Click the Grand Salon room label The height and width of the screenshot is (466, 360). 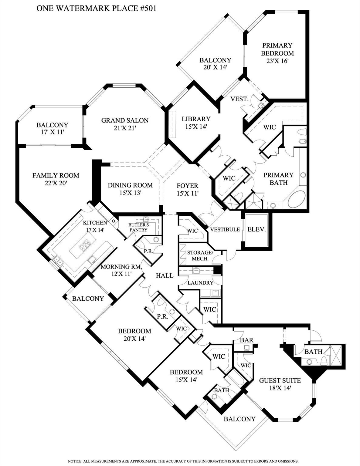pyautogui.click(x=125, y=124)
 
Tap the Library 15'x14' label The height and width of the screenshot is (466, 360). pyautogui.click(x=196, y=123)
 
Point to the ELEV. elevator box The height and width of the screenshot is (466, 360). pyautogui.click(x=256, y=230)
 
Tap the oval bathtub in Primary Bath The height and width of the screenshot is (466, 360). pyautogui.click(x=296, y=199)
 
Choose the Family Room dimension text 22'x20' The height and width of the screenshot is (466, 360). pyautogui.click(x=56, y=183)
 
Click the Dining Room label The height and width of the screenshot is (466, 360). pyautogui.click(x=130, y=185)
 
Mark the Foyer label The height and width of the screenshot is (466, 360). pyautogui.click(x=188, y=185)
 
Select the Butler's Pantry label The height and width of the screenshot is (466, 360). pyautogui.click(x=138, y=227)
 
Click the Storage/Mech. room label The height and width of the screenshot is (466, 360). pyautogui.click(x=200, y=255)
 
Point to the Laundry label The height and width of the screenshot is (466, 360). pyautogui.click(x=200, y=283)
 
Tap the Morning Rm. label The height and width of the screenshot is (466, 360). pyautogui.click(x=121, y=267)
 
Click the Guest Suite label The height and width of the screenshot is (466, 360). pyautogui.click(x=280, y=380)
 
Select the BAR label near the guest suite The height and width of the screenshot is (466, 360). pyautogui.click(x=246, y=340)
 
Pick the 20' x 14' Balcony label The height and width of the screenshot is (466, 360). pyautogui.click(x=215, y=63)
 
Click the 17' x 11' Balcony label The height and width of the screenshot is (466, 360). pyautogui.click(x=52, y=128)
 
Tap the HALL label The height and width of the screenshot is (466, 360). pyautogui.click(x=165, y=275)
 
